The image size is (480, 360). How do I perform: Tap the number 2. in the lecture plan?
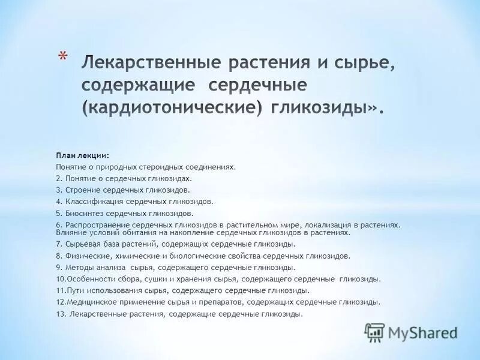click(59, 179)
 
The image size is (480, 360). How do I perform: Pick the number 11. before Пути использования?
click(61, 290)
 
